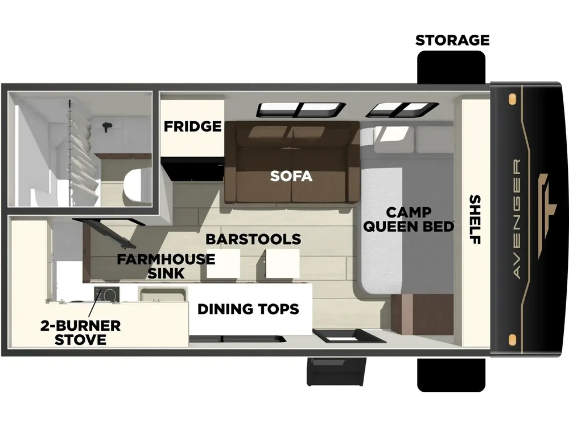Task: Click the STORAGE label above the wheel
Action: click(x=452, y=40)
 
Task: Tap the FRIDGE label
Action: click(x=192, y=126)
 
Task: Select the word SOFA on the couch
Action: click(x=291, y=176)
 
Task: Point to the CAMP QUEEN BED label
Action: click(x=409, y=219)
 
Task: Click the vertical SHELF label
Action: click(x=475, y=219)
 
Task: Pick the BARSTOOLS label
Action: click(x=253, y=239)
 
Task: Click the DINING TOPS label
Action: click(x=248, y=309)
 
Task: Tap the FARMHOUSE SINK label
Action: click(x=166, y=266)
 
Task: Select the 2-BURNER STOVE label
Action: click(x=80, y=332)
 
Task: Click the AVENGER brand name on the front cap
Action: click(x=517, y=219)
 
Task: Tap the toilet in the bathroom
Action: click(x=138, y=187)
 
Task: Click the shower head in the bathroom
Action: click(x=107, y=127)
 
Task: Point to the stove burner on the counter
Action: click(x=107, y=294)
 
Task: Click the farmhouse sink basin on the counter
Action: click(x=163, y=294)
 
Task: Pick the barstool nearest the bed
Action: click(x=283, y=263)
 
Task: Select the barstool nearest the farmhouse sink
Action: click(x=223, y=263)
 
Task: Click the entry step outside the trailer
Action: click(x=336, y=371)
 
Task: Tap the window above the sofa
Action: click(x=301, y=110)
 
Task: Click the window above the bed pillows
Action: click(x=402, y=110)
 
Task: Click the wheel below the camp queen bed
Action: click(x=451, y=375)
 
